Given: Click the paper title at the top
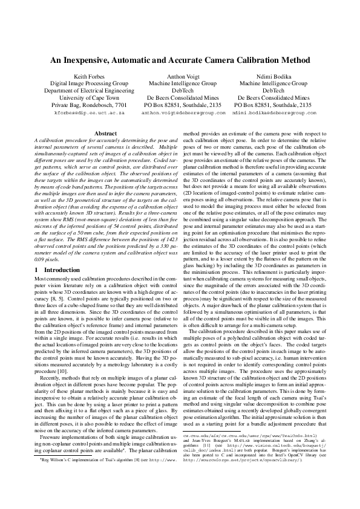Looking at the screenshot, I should click(180, 60).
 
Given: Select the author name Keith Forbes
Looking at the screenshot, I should click(90, 76).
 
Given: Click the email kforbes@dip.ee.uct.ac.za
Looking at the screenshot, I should click(90, 112).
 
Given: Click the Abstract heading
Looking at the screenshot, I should click(106, 133).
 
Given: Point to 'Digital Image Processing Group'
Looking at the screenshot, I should click(90, 83).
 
